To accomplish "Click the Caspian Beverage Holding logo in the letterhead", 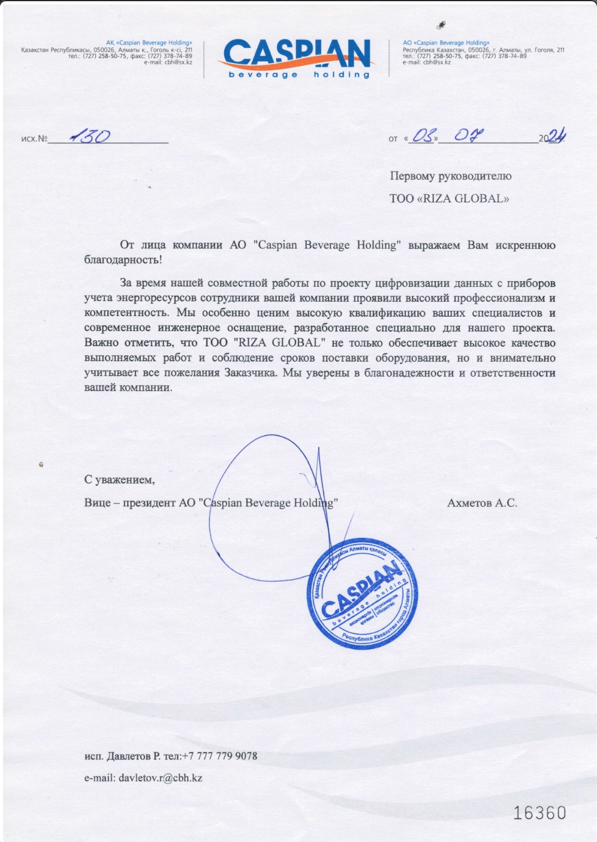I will click(298, 58).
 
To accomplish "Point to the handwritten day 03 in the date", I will click(423, 136).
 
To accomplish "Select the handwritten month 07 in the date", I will click(468, 135).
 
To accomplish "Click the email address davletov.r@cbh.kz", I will click(161, 778).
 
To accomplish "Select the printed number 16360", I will click(539, 813).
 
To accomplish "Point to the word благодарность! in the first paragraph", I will click(123, 260).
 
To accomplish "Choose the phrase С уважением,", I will click(119, 480).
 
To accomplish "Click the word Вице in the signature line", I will click(97, 503).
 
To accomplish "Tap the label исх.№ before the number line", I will click(34, 139).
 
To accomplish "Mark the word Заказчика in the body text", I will click(251, 372).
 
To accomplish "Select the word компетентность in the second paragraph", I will click(126, 312).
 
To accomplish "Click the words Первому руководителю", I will click(450, 176).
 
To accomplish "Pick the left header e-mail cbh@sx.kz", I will click(178, 62).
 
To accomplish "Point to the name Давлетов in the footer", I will click(128, 756).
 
